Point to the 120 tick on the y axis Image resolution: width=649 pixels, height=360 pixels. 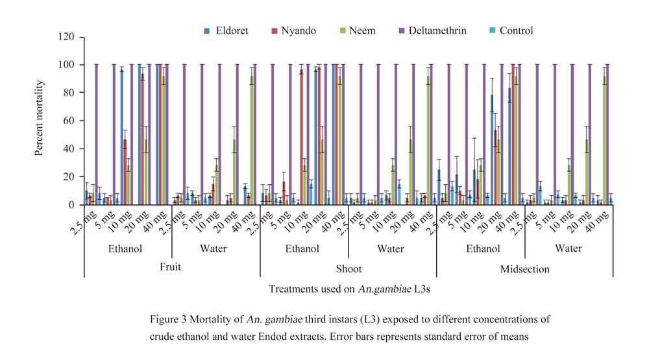tap(67, 37)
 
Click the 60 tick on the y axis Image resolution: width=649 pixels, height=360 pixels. tap(70, 121)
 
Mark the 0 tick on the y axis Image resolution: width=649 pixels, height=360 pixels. tap(73, 205)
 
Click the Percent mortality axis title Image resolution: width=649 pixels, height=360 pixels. tap(40, 121)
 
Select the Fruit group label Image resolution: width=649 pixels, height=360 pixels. tap(172, 269)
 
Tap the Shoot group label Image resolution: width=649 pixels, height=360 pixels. tap(349, 269)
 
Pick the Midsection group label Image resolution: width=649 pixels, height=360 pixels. tap(524, 269)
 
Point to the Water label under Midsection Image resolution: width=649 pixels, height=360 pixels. tap(569, 248)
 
